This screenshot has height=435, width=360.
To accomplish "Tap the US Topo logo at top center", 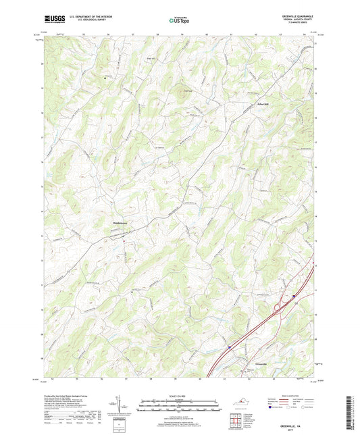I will tap(179, 21).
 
